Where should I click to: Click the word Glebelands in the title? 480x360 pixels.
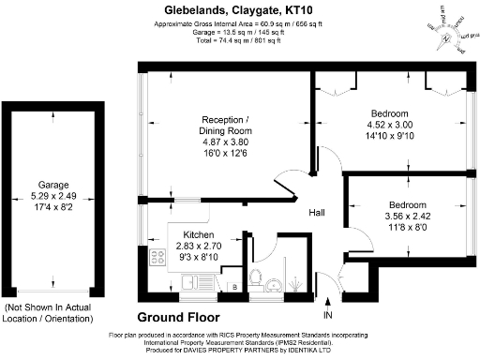(185, 9)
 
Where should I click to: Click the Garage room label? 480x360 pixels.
(53, 185)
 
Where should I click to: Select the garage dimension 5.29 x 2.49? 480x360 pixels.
(53, 195)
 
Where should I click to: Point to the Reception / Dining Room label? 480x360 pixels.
(226, 126)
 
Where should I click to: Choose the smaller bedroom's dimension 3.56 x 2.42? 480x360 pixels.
(409, 216)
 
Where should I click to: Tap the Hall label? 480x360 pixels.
(318, 213)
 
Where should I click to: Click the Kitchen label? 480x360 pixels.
(199, 235)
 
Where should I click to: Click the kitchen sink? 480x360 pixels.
(194, 279)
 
